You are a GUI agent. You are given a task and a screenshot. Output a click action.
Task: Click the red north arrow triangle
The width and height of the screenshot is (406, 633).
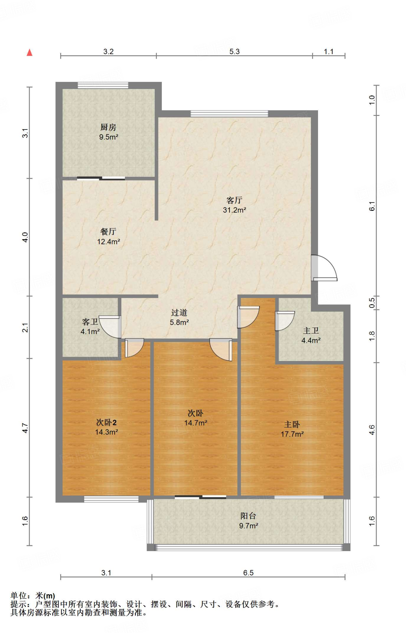30,53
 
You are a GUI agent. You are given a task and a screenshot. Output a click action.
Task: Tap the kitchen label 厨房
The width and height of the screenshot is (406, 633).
108,127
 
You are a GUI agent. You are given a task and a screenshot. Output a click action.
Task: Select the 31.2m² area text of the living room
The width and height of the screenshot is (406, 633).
234,210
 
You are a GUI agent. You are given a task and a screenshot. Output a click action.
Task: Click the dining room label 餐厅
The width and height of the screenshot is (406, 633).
108,232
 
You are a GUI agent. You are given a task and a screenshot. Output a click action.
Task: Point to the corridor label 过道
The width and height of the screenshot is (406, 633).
179,313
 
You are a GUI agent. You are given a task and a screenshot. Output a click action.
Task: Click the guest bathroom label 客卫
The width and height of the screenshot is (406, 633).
90,322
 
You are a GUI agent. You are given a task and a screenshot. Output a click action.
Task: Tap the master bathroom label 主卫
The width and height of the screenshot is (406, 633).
311,331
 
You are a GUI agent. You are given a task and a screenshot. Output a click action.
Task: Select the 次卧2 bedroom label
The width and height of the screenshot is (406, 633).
106,422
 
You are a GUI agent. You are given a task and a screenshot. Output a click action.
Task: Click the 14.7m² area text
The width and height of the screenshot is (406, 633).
195,423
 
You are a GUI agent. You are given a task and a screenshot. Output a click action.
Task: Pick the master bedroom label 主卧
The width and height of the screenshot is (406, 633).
292,424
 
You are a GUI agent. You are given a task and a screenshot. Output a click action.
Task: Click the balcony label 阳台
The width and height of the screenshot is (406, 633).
248,516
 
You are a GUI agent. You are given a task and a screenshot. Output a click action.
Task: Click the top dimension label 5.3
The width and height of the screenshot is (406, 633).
234,52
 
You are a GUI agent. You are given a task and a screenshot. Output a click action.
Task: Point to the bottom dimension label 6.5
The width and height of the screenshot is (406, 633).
248,573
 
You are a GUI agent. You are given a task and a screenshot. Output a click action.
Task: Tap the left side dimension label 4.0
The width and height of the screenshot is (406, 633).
25,237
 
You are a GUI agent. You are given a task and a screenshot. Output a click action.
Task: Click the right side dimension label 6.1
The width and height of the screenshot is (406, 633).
372,206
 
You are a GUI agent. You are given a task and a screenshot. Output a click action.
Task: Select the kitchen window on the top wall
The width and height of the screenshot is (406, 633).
103,85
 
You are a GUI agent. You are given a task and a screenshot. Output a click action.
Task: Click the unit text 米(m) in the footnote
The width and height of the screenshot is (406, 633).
45,596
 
